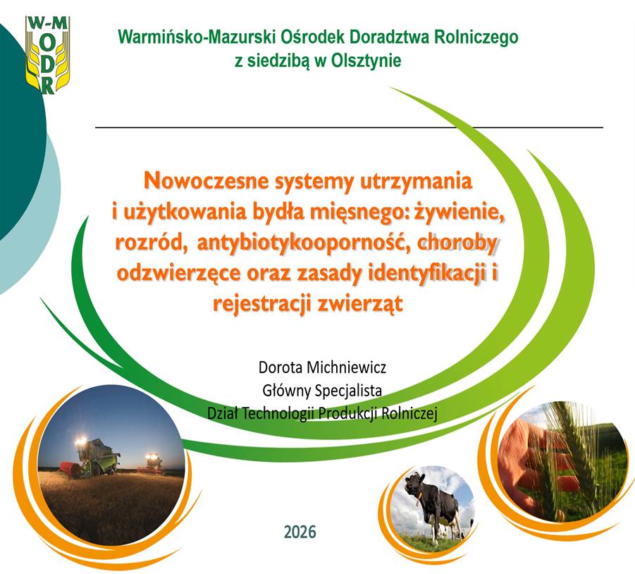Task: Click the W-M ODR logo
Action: [x=47, y=55]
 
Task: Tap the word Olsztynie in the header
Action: [x=366, y=61]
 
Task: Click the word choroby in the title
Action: [x=457, y=243]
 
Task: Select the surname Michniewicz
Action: [x=347, y=367]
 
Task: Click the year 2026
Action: [x=300, y=532]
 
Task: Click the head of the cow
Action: [x=415, y=483]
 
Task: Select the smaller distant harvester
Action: [x=152, y=463]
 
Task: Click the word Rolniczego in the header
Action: [x=476, y=37]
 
